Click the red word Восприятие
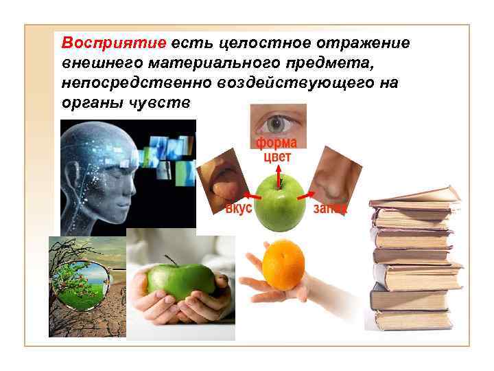(114, 43)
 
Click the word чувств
(165, 102)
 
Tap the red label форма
(277, 143)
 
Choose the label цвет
(277, 157)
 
